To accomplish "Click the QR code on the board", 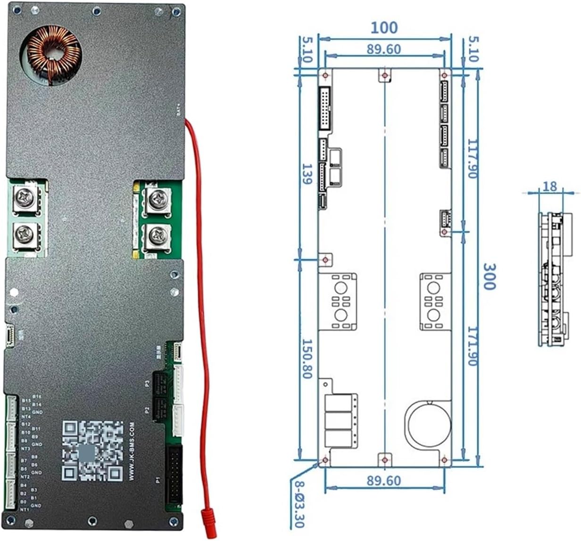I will [x=92, y=451].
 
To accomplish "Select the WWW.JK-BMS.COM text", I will [x=132, y=452].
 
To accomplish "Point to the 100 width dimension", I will [x=384, y=27].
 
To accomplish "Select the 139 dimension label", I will [x=307, y=174].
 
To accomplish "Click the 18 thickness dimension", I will [x=550, y=186].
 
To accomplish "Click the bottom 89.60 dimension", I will [x=384, y=481].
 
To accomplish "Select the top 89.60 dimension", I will [x=384, y=49].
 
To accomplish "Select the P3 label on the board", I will [x=147, y=384].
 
